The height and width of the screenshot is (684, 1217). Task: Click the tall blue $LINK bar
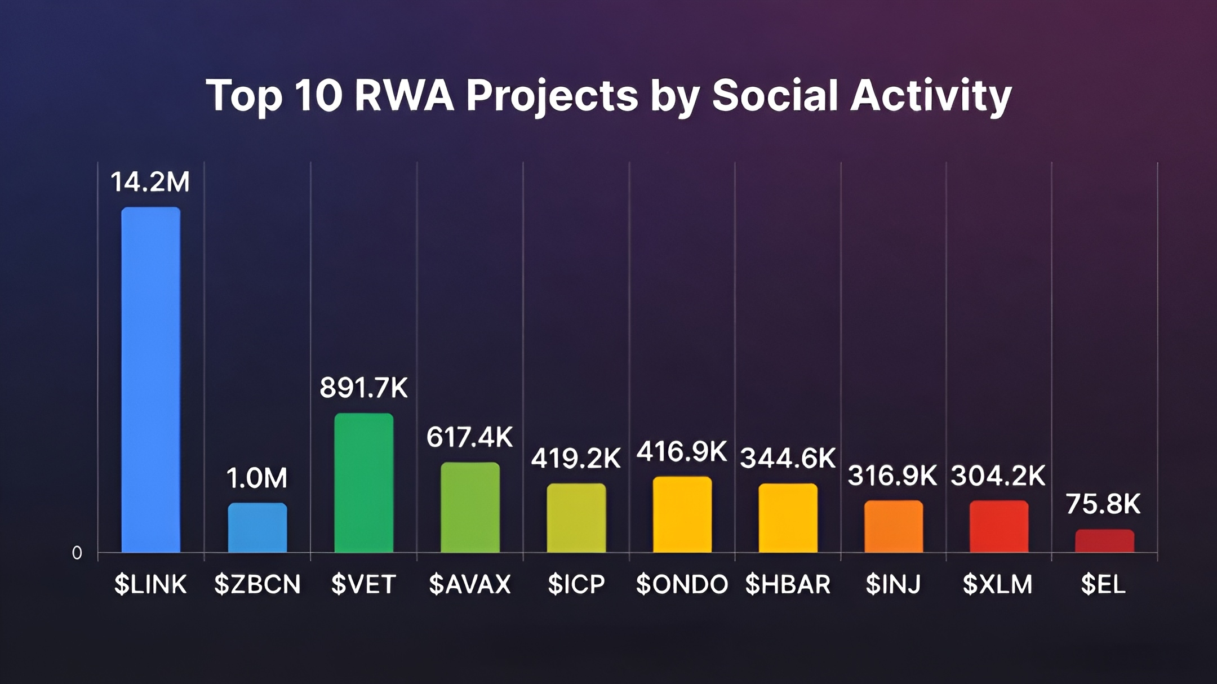pos(151,380)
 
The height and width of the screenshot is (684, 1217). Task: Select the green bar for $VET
pos(363,483)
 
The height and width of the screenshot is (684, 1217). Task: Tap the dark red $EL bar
pos(1104,541)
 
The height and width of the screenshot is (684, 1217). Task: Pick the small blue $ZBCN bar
pos(257,528)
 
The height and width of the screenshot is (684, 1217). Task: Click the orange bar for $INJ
pos(894,526)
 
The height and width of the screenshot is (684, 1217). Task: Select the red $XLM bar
pos(999,526)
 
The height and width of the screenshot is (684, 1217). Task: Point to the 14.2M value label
pos(150,183)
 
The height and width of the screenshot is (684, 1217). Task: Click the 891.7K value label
pos(363,388)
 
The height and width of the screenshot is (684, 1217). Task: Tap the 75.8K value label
pos(1103,504)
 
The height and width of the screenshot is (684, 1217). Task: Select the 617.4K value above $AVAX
pos(469,437)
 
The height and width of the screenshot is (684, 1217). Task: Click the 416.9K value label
pos(682,452)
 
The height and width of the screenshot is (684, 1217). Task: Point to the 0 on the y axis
pos(77,553)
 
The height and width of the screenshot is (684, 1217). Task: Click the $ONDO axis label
pos(682,584)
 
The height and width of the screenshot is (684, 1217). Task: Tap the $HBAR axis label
pos(788,584)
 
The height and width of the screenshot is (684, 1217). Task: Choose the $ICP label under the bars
pos(576,584)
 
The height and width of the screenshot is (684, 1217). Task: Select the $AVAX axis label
pos(469,584)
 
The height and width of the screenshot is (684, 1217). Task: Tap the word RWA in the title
pos(404,95)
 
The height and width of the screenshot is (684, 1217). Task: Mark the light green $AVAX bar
pos(470,507)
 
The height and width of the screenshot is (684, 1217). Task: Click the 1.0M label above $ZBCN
pos(257,478)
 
